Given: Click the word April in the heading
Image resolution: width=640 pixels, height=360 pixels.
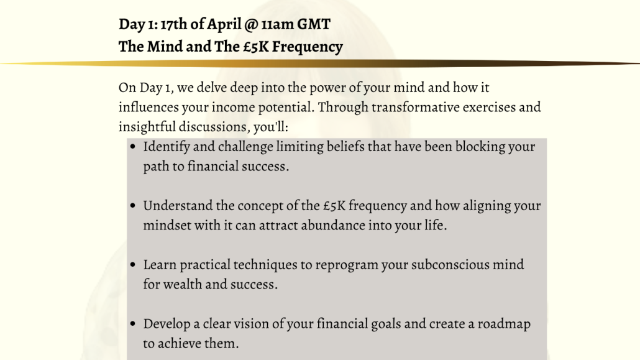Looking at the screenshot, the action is pos(224,24).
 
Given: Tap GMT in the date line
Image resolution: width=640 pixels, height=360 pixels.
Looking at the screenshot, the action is pos(313,24).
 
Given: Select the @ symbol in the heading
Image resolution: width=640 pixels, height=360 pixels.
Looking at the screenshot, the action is pos(252,25).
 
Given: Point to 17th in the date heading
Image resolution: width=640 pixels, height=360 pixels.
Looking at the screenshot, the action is pos(174,24).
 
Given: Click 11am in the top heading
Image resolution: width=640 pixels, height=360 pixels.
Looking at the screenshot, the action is pos(278,24).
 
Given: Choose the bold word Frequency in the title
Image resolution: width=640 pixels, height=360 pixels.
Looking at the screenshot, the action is pos(308,47).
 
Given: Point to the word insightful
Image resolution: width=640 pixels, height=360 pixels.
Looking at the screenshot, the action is pos(147,127).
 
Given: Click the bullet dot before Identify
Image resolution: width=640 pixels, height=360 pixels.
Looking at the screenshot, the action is pos(132,147).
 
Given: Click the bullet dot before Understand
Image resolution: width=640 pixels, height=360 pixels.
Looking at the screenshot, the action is pos(132,206).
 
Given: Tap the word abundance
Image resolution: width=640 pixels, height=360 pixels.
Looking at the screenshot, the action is pos(333,225).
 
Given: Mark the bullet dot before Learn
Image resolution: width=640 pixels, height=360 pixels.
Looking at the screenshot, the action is pos(132,265).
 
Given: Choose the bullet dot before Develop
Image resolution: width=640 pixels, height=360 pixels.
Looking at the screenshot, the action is pos(132,324).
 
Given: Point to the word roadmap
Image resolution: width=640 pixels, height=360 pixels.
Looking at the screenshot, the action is pos(504,324).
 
